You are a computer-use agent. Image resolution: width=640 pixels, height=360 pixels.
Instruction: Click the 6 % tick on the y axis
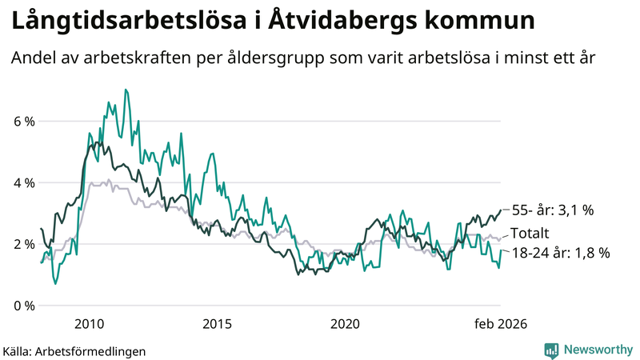[22, 122]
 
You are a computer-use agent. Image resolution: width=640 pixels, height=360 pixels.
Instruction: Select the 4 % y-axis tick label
[22, 183]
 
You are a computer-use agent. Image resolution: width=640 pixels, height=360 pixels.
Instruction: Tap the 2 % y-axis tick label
[22, 244]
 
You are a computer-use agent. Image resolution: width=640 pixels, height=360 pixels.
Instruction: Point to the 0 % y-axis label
[22, 306]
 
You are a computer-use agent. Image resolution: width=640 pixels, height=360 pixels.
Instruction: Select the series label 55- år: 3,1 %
[553, 211]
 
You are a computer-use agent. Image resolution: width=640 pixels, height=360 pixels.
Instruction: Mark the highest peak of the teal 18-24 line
[125, 90]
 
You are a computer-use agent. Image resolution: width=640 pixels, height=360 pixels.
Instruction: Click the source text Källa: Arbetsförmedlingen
[74, 350]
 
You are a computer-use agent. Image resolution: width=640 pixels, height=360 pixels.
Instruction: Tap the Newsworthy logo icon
[551, 350]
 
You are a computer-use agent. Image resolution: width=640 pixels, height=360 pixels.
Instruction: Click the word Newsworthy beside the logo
[597, 350]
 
